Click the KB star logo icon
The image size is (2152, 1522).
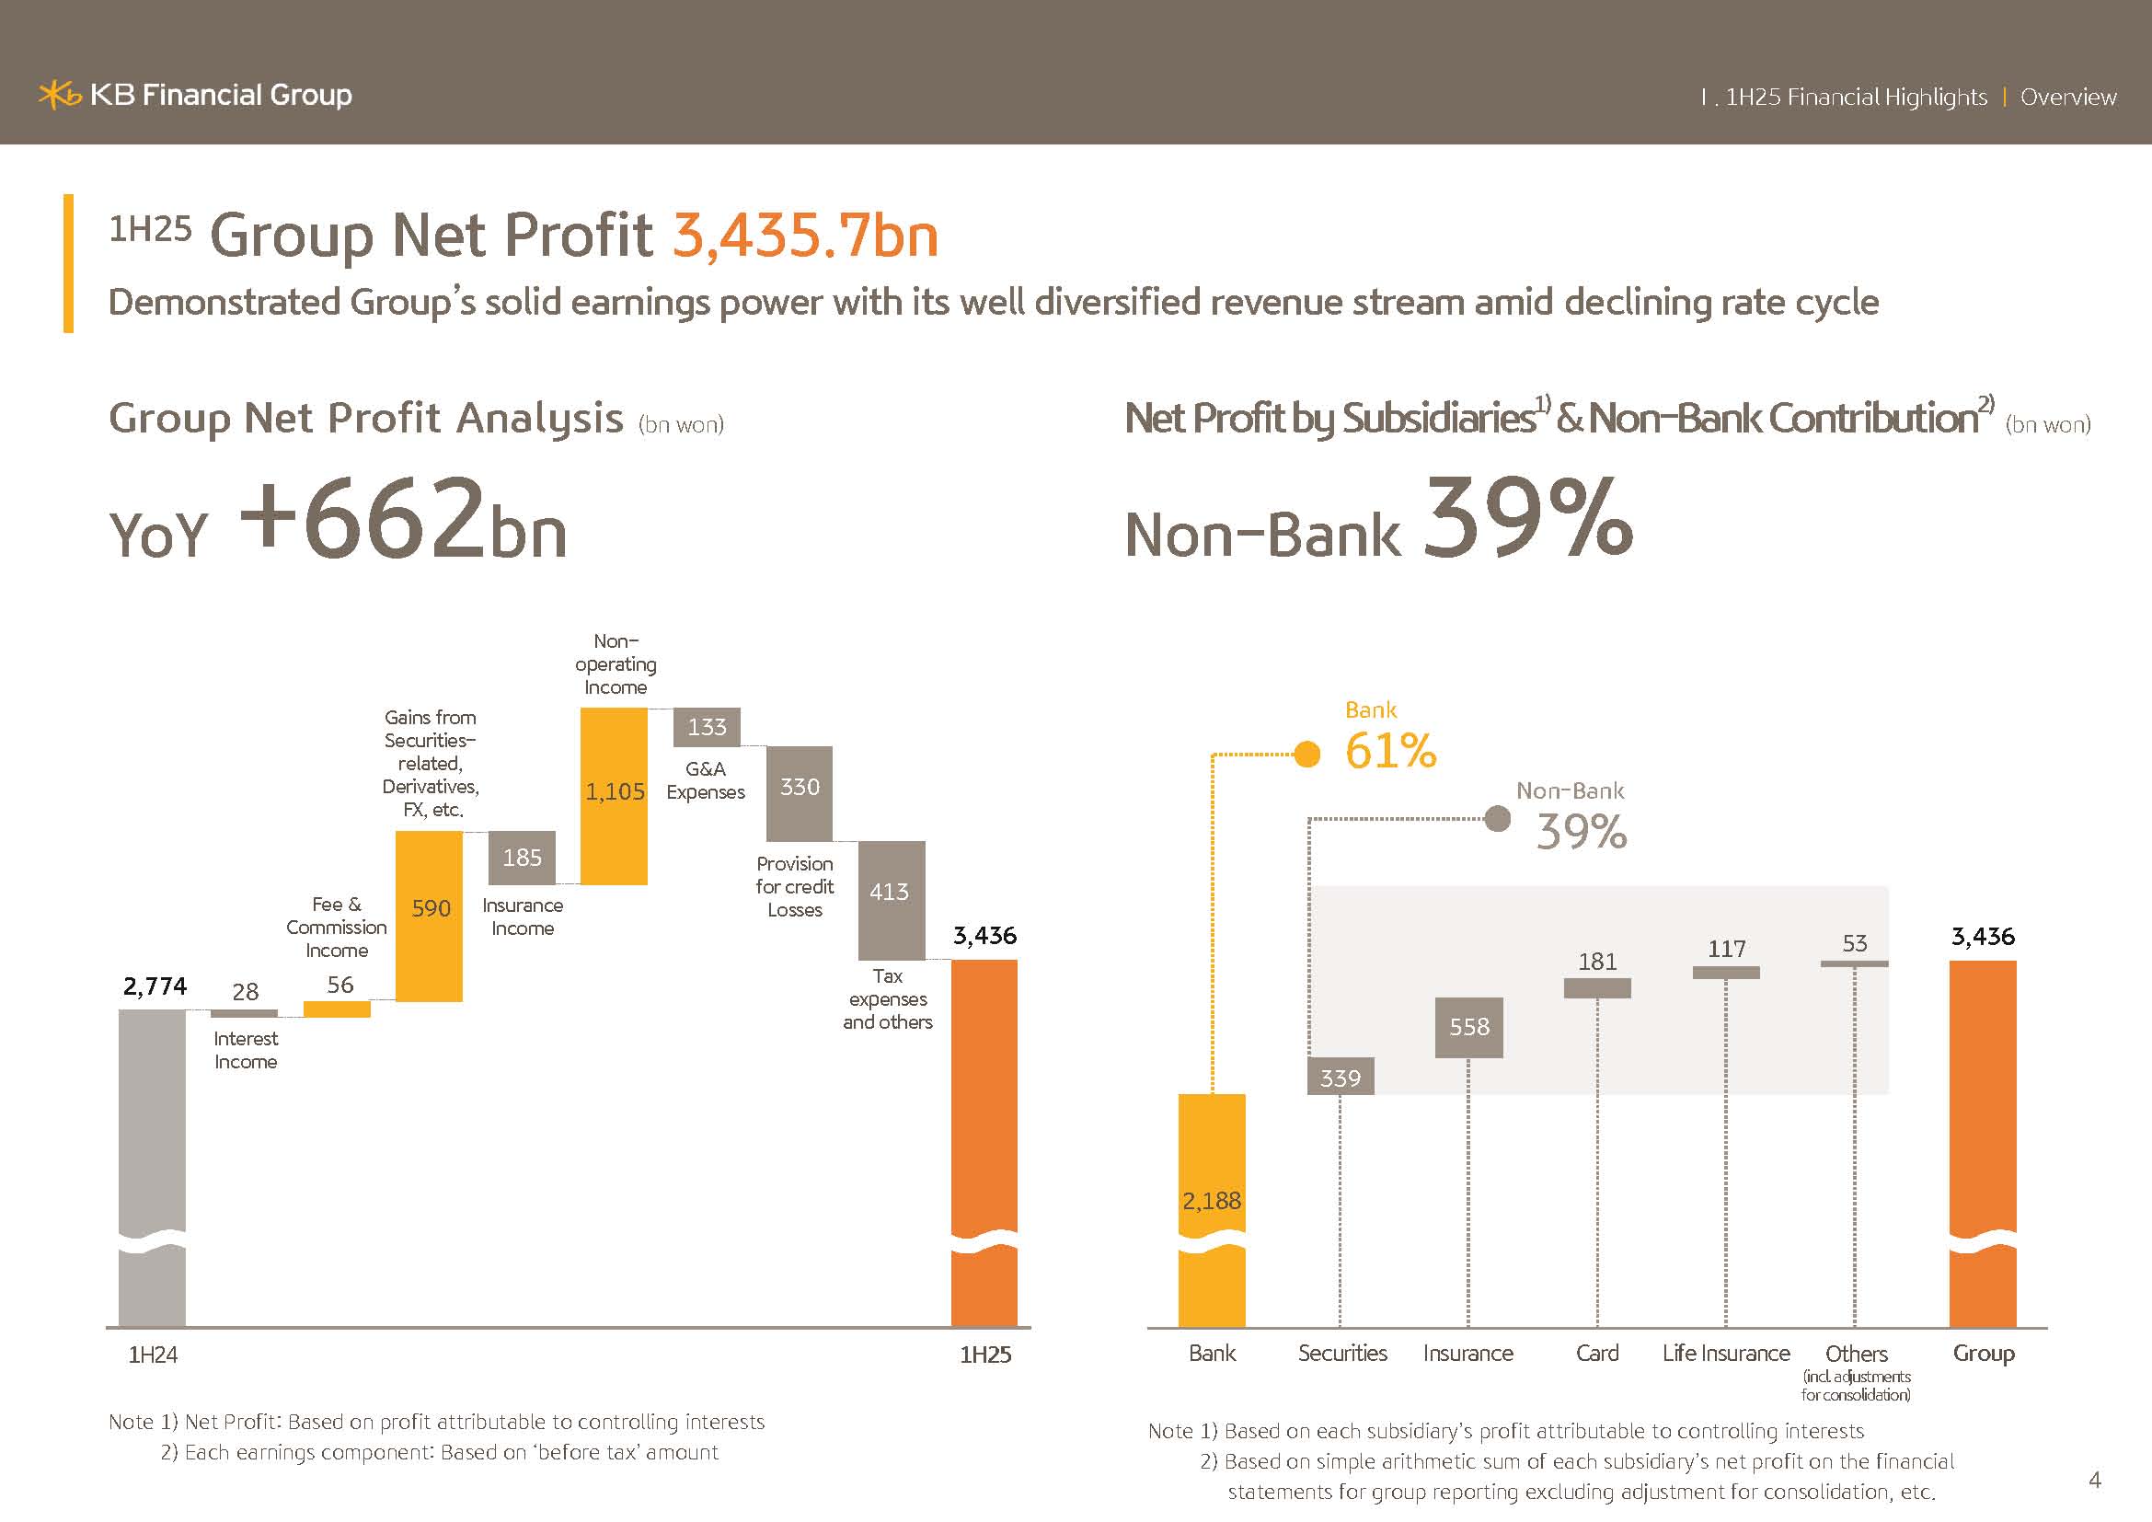point(59,95)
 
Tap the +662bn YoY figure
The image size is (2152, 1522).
point(403,521)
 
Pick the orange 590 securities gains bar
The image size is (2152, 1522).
point(430,916)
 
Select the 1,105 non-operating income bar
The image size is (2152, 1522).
point(614,795)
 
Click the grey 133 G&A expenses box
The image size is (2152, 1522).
point(707,727)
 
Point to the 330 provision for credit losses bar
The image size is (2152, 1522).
point(800,793)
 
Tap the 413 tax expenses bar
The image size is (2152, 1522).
point(892,899)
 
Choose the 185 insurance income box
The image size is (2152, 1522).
point(522,858)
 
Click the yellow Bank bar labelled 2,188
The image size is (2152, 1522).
point(1212,1209)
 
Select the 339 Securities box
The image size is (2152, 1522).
point(1341,1078)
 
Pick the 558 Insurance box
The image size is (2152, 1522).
point(1468,1027)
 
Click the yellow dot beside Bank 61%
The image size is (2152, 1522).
point(1306,754)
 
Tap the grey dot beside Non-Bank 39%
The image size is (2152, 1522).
point(1498,819)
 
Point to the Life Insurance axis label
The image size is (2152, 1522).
point(1725,1354)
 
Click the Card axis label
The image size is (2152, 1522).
point(1597,1354)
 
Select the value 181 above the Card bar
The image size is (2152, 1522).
point(1597,962)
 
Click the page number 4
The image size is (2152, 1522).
point(2095,1480)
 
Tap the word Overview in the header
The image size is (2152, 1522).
point(2067,98)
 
